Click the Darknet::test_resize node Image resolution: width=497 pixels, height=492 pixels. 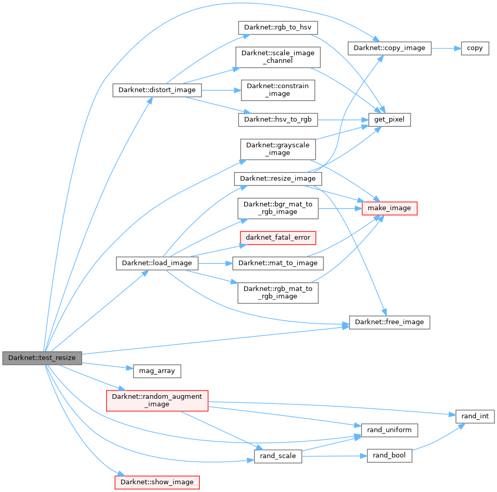42,358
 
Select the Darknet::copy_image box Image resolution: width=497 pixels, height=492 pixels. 389,48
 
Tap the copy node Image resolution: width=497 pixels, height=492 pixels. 474,48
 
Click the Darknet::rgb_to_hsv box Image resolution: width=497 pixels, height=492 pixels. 278,27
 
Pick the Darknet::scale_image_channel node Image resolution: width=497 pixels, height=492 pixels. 278,57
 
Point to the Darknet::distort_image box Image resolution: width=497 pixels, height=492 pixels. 157,90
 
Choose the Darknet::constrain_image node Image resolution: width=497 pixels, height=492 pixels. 278,90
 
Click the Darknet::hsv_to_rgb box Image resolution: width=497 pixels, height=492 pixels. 278,119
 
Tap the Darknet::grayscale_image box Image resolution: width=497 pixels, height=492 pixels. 278,149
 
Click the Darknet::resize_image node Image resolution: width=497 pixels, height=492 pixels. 278,179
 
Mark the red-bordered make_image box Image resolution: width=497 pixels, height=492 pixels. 389,208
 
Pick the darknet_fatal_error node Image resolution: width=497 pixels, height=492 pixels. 278,237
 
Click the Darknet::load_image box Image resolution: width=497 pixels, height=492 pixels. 157,263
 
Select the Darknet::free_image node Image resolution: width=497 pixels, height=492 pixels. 389,322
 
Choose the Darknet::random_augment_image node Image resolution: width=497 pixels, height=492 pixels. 157,400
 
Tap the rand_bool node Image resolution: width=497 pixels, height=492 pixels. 389,455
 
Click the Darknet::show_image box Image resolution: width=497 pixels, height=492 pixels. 157,482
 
